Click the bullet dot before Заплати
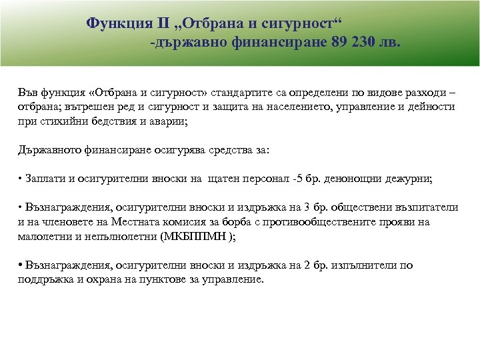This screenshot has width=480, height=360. pos(20,179)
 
